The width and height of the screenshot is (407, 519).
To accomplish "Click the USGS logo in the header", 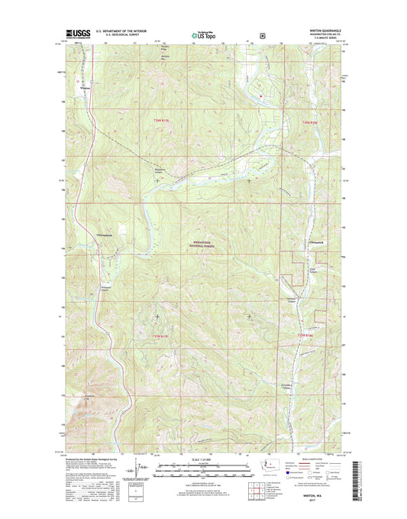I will (x=67, y=34).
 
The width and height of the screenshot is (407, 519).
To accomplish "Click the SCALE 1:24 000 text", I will (x=202, y=459).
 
